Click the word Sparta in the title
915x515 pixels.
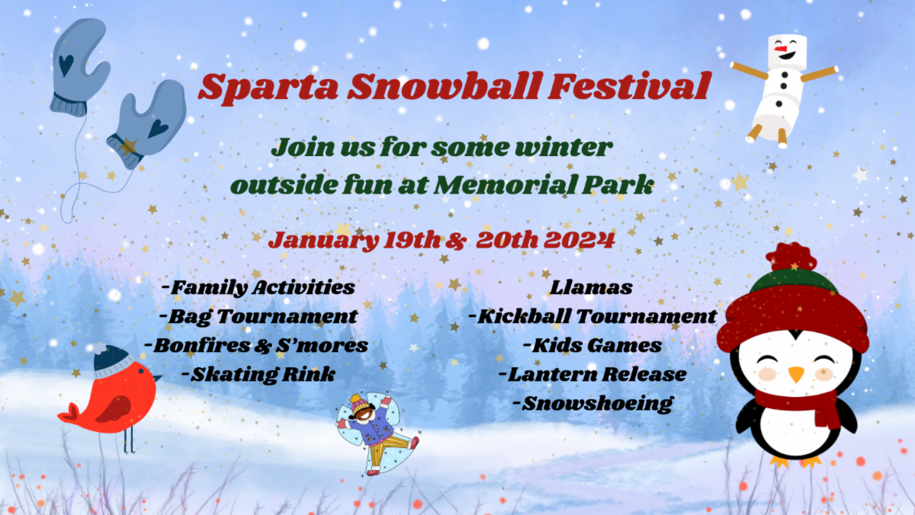268,88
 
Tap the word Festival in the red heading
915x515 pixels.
630,85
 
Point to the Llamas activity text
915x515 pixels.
591,287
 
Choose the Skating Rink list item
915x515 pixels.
258,374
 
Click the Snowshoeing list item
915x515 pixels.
592,404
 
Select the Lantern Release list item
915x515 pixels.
592,374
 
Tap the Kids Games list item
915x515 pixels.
592,345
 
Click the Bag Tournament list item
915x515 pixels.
258,317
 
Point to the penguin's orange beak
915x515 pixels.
796,374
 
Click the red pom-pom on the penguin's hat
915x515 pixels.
792,256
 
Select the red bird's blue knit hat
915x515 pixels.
111,362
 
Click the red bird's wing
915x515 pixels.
114,409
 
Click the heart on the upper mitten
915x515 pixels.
66,65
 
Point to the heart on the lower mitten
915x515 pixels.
158,129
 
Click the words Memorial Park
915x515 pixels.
543,185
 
